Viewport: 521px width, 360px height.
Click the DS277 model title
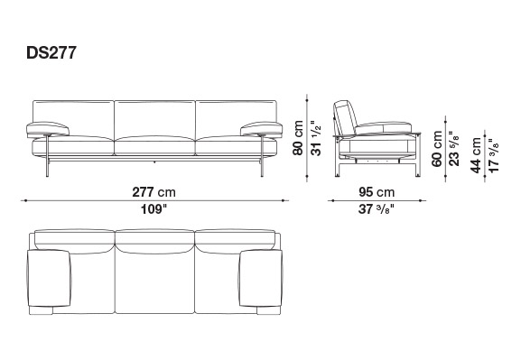pos(51,52)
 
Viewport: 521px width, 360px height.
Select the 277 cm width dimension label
pos(154,192)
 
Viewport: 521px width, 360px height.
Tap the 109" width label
pos(154,209)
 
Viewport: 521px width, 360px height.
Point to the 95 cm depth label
pos(377,192)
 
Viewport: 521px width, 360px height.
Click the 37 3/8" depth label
pos(377,209)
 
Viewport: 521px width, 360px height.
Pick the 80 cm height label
pos(298,138)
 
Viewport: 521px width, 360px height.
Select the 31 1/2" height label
pos(315,138)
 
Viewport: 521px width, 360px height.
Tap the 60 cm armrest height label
pos(437,149)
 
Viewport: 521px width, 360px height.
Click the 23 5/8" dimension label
pos(454,149)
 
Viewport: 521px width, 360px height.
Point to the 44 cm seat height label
pos(476,155)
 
